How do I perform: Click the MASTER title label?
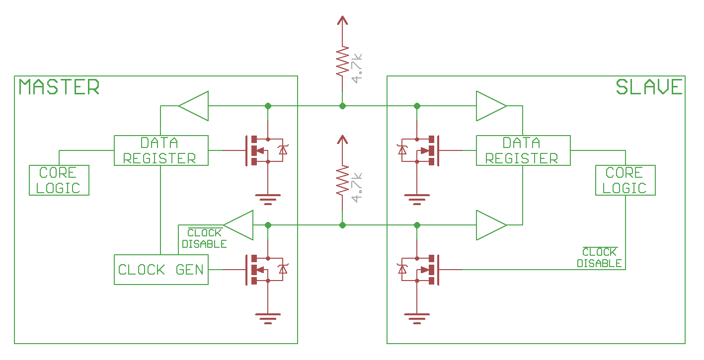coord(59,87)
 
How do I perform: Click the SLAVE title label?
coord(649,87)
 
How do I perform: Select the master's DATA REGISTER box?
coord(161,150)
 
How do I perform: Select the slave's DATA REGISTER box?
coord(523,150)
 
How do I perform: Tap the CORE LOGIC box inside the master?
coord(59,180)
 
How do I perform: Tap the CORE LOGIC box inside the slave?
coord(625,180)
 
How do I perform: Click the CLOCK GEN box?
coord(161,270)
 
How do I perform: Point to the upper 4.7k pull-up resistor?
coord(342,62)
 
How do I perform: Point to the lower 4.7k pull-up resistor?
coord(342,181)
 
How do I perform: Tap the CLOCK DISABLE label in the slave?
coord(599,258)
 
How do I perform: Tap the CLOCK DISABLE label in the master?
coord(204,238)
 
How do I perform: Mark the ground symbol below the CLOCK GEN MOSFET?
coord(268,318)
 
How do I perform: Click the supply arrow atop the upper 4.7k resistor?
coord(342,21)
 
